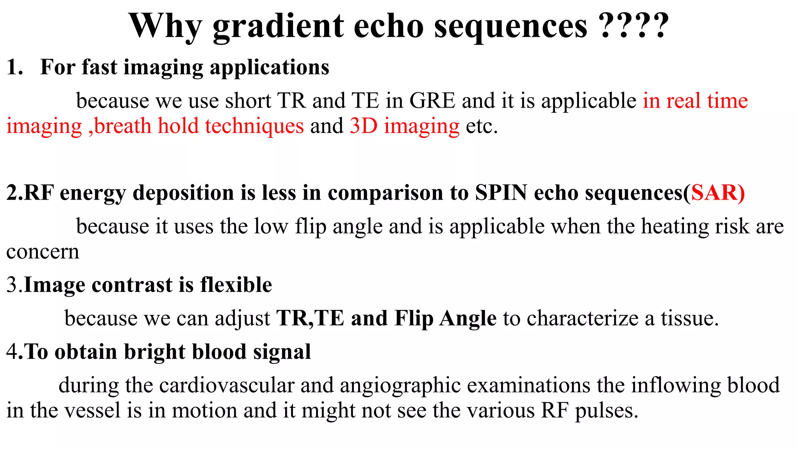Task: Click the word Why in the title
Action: coord(165,27)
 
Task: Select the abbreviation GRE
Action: coord(432,101)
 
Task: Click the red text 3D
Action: coord(364,126)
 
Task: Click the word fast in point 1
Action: coord(99,67)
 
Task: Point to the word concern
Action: coord(42,252)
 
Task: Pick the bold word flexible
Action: coord(236,285)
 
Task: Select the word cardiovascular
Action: coord(226,385)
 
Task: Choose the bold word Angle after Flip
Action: coord(468,318)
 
